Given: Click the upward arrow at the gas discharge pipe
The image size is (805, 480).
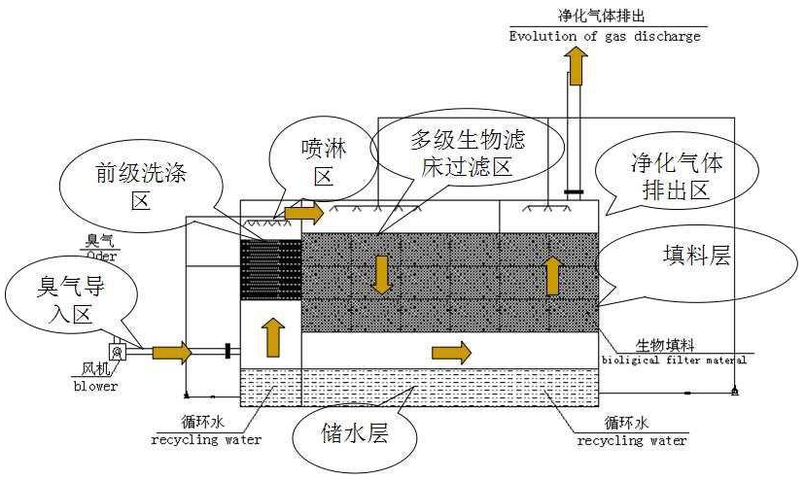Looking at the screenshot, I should pos(577,65).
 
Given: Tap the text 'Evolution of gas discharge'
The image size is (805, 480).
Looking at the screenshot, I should pos(605,37).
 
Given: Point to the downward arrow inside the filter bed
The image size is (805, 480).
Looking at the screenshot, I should pos(383,274).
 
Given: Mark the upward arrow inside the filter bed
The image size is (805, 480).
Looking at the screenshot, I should pos(552,275).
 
